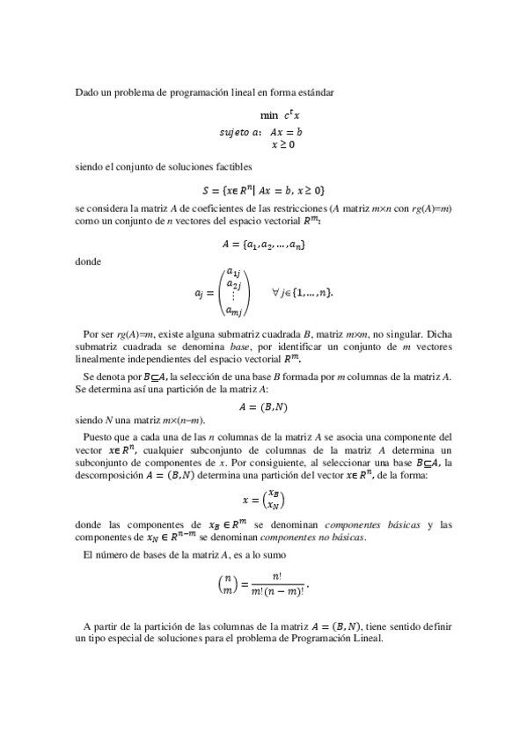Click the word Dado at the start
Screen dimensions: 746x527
point(85,92)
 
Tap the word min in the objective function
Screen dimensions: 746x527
point(268,115)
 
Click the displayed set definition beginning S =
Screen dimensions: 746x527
point(263,189)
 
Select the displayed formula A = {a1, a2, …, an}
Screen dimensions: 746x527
point(263,243)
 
